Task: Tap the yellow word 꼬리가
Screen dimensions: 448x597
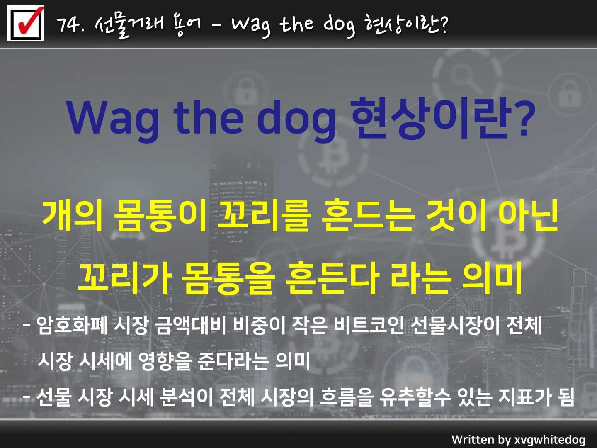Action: pyautogui.click(x=124, y=278)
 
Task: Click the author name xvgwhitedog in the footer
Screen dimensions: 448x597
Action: pyautogui.click(x=550, y=440)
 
